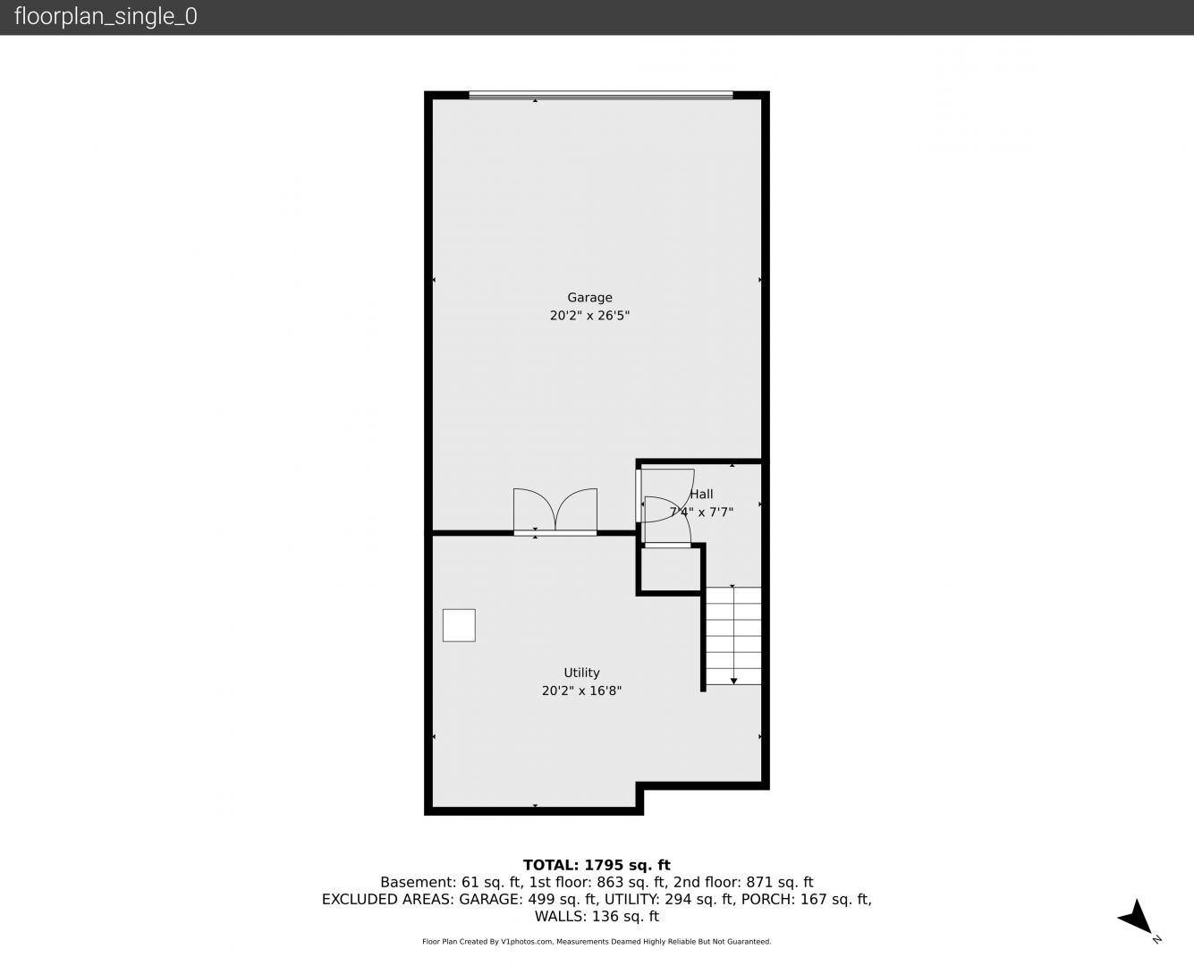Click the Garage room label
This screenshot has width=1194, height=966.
click(x=589, y=297)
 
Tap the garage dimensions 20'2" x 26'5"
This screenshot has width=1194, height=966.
click(x=589, y=315)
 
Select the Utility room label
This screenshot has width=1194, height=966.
click(x=581, y=673)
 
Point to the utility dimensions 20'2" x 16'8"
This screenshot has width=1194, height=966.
click(x=581, y=691)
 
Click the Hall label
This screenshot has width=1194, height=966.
click(x=701, y=494)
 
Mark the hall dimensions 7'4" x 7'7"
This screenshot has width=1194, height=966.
click(x=701, y=512)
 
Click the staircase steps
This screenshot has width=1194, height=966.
click(x=733, y=635)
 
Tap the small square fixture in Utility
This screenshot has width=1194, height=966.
click(x=459, y=625)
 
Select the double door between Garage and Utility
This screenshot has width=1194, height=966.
click(x=555, y=512)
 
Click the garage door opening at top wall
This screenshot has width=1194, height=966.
click(x=601, y=95)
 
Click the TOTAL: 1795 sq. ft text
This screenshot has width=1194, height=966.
click(x=597, y=865)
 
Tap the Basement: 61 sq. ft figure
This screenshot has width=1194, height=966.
click(x=451, y=883)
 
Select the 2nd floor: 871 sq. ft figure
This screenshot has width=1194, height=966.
click(x=743, y=883)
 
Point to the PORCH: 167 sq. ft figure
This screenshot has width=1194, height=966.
click(x=806, y=899)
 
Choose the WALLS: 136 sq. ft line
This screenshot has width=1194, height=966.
click(x=597, y=917)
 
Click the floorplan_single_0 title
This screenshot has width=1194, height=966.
click(x=106, y=16)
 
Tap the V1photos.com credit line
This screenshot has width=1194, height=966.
click(x=597, y=941)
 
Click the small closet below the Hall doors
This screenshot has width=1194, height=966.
click(x=671, y=569)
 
